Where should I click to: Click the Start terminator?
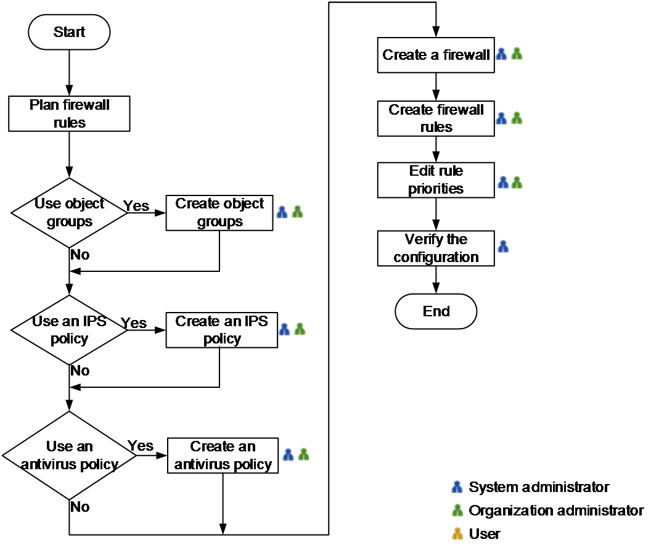(69, 32)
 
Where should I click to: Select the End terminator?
(436, 311)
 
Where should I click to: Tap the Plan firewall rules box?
(69, 114)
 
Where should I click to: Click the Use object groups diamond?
(69, 213)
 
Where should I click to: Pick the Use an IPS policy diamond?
(69, 330)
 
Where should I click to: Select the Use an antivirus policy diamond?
(69, 455)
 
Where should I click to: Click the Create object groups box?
(219, 213)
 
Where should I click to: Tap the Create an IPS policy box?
(222, 330)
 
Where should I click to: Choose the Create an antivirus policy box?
(223, 455)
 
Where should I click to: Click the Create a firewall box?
(436, 55)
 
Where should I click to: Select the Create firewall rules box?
(436, 118)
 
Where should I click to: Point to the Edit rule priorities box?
(436, 180)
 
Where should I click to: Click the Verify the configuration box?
(436, 248)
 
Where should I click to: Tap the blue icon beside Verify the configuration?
(503, 247)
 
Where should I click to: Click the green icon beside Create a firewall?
(517, 54)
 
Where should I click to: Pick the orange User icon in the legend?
(457, 534)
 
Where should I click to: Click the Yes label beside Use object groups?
(136, 205)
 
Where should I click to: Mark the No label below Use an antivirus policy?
(80, 507)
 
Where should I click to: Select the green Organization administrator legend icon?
(457, 510)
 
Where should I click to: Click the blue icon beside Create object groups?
(282, 212)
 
